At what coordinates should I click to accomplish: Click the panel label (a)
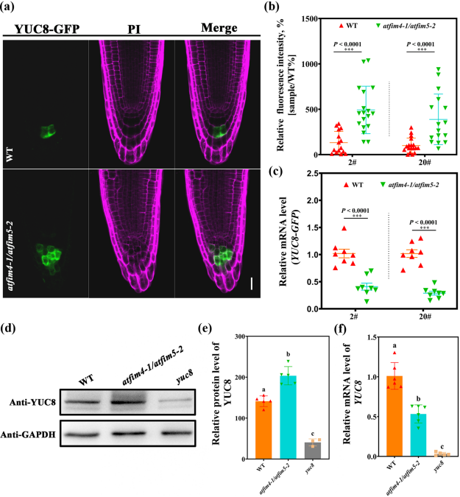(x=10, y=8)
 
